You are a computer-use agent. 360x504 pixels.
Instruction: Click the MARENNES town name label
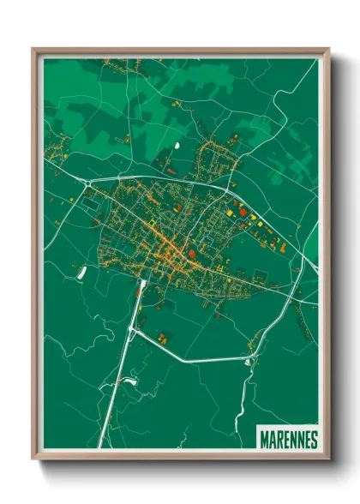tap(288, 440)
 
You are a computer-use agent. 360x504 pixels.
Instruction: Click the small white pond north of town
tap(177, 145)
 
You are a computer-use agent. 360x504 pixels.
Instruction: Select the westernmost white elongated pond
tap(82, 273)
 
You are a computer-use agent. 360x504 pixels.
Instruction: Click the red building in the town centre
tap(193, 254)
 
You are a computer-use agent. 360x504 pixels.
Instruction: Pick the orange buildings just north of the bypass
tap(163, 335)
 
